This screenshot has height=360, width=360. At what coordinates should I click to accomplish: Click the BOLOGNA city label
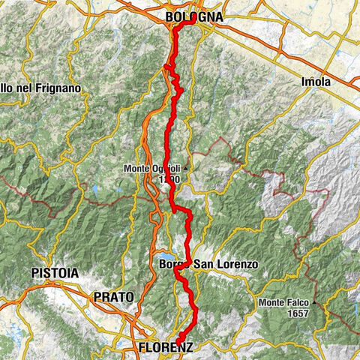(x=190, y=16)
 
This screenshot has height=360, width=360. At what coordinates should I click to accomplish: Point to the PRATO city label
(x=114, y=297)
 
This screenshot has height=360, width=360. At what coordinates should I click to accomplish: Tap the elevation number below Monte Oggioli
(x=168, y=180)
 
